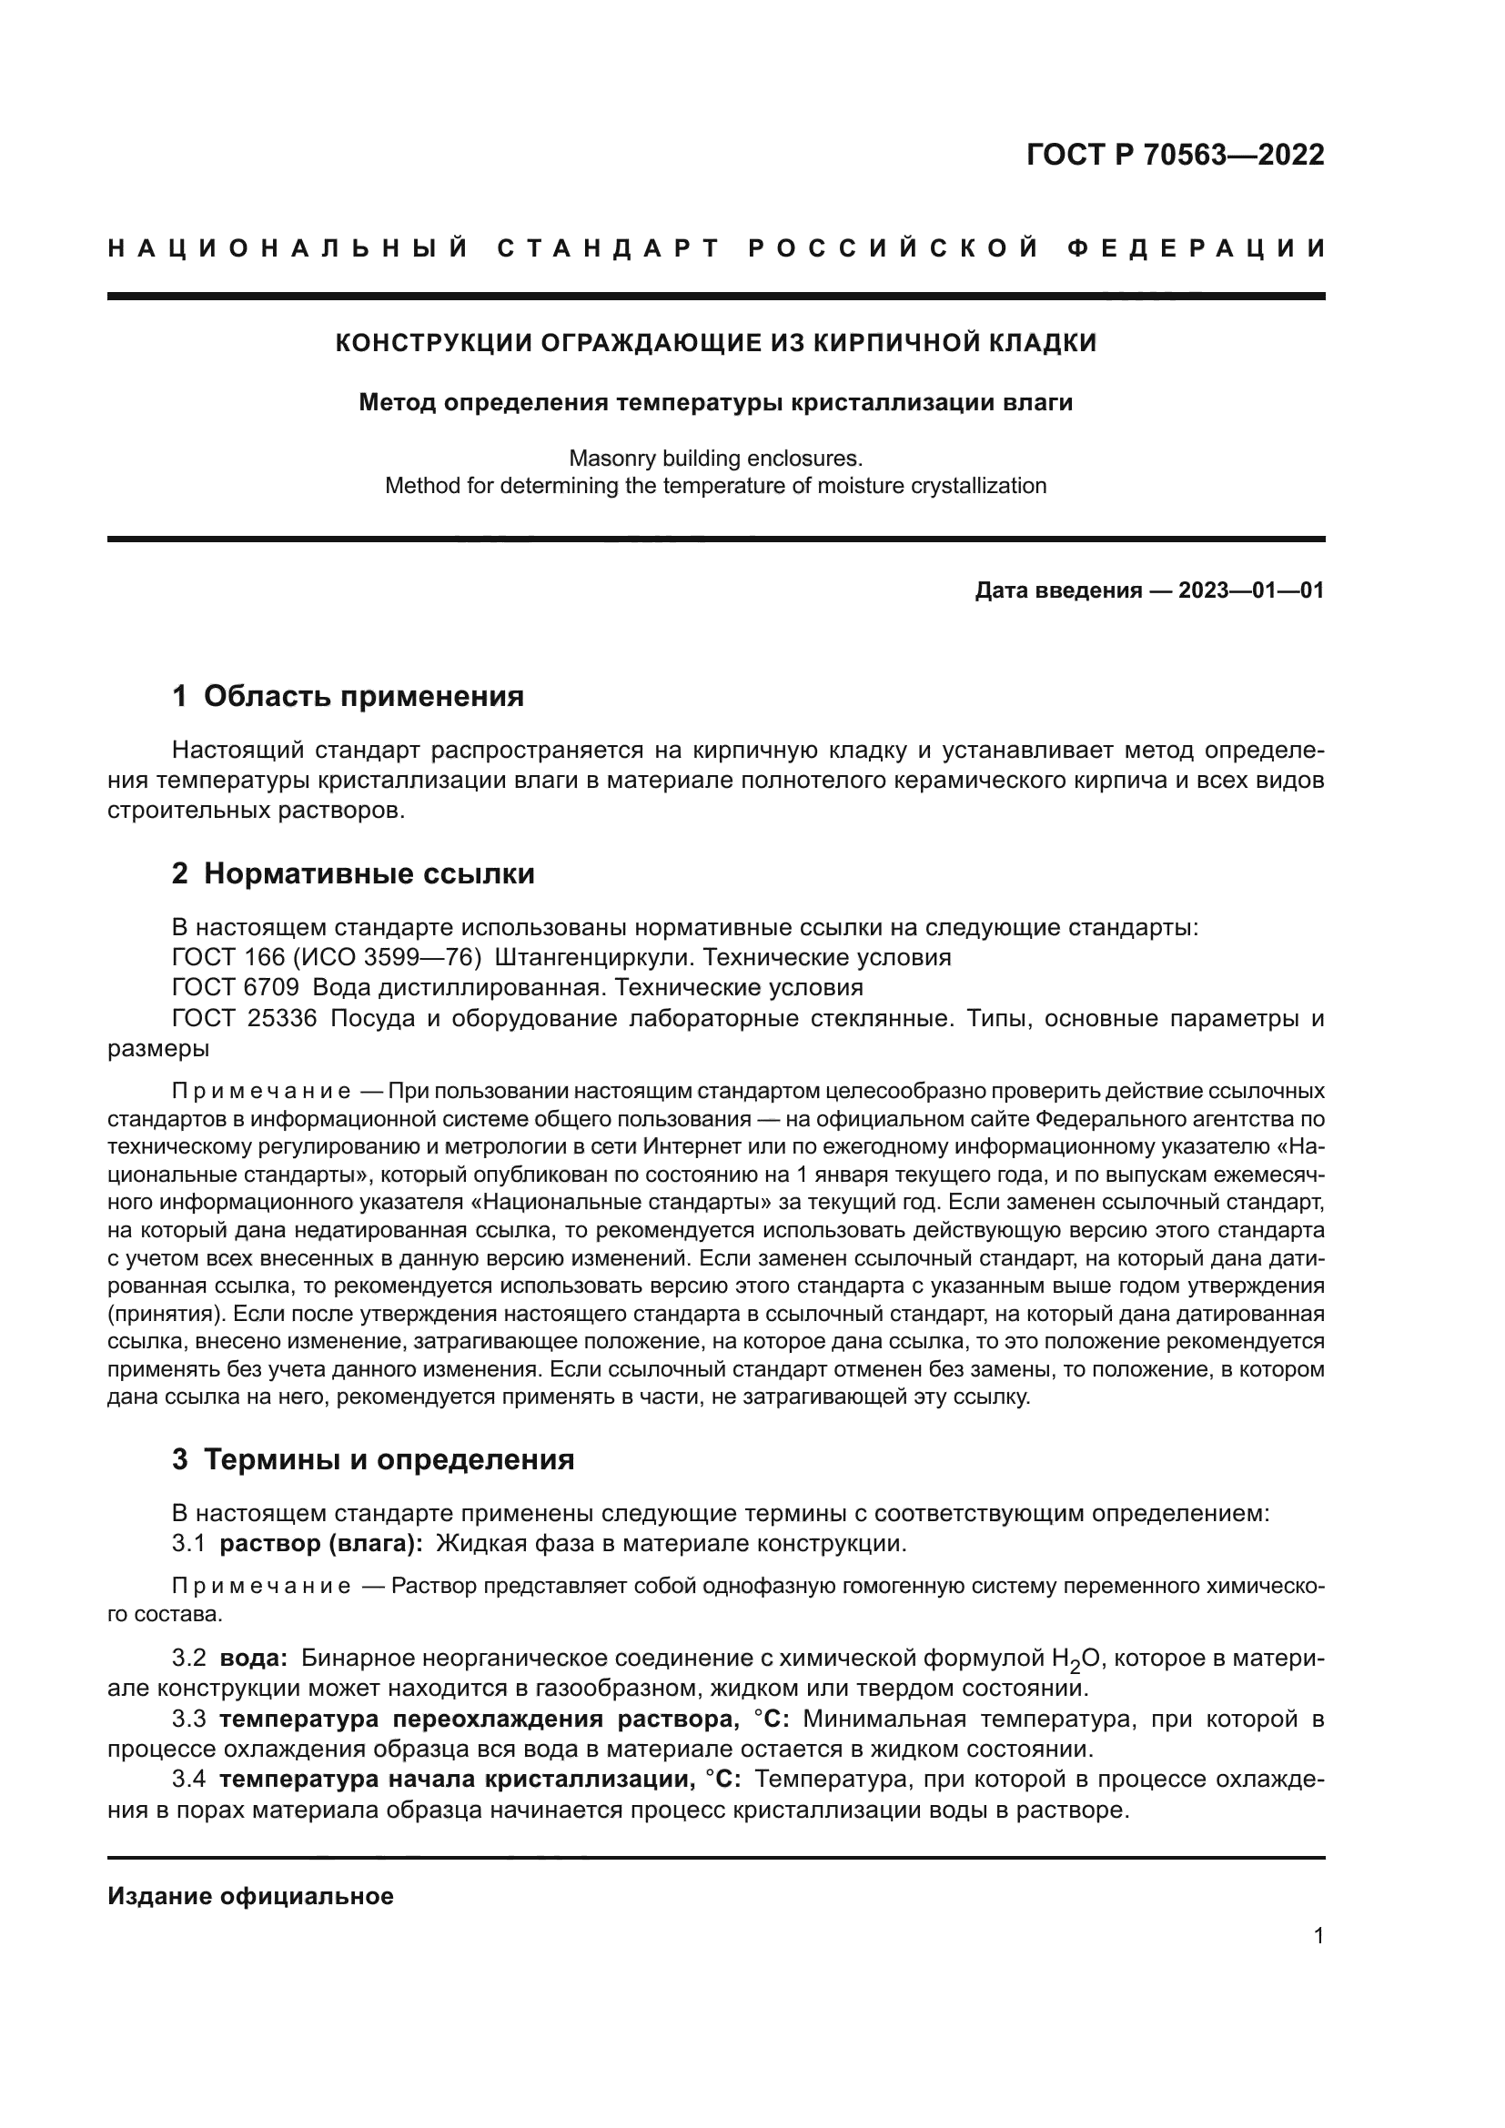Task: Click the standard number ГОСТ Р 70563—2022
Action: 1175,155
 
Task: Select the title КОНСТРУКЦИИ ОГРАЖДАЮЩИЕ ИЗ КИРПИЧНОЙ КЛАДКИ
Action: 715,343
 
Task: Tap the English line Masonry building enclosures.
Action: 715,458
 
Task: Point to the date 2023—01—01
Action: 1251,590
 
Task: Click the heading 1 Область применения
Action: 348,696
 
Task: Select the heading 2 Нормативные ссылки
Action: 353,873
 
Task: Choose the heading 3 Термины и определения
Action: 372,1459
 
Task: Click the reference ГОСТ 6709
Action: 236,987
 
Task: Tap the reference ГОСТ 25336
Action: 245,1018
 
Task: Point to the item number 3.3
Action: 189,1720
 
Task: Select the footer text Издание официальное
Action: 250,1896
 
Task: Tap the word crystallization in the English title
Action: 969,486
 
